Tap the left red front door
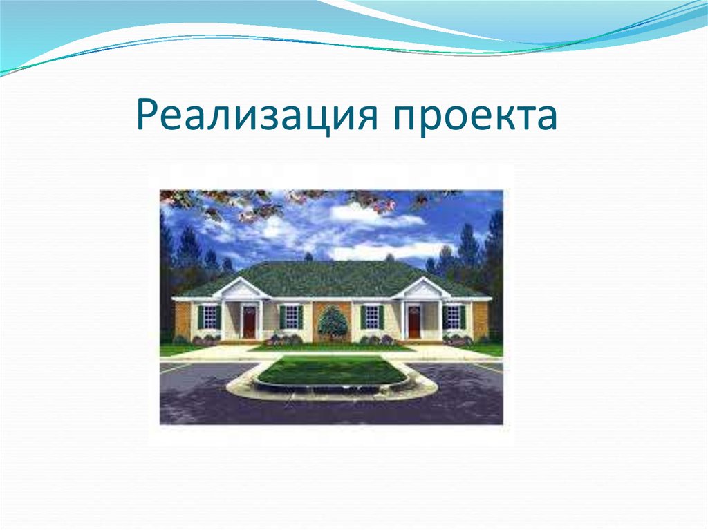[249, 321]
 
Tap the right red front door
[413, 321]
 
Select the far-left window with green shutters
[208, 317]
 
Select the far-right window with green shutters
[453, 317]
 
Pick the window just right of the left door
[291, 317]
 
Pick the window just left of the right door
[372, 317]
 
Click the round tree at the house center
[333, 322]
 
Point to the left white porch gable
[241, 289]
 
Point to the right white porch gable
[421, 289]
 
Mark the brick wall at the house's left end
[183, 319]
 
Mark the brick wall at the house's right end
[479, 319]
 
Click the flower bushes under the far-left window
[207, 339]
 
